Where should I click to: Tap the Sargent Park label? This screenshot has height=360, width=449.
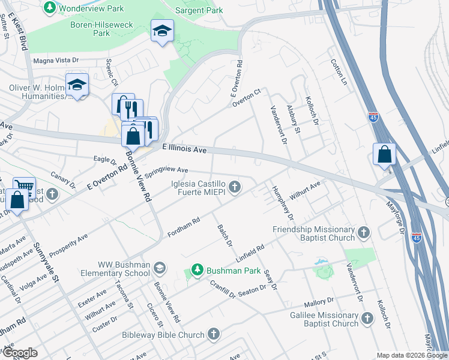pyautogui.click(x=199, y=10)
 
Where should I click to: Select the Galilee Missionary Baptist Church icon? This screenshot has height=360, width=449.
pyautogui.click(x=367, y=319)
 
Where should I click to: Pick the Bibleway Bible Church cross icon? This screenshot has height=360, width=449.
pyautogui.click(x=214, y=334)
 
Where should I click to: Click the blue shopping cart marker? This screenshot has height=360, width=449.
pyautogui.click(x=24, y=187)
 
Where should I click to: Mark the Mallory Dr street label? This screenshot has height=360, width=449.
pyautogui.click(x=318, y=301)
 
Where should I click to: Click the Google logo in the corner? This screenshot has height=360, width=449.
pyautogui.click(x=20, y=353)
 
